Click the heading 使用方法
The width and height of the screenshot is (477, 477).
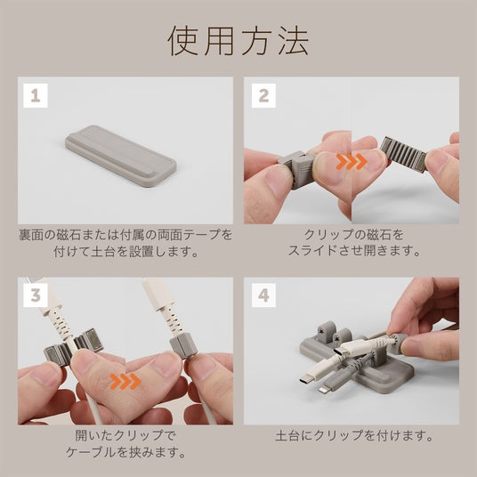point(238,40)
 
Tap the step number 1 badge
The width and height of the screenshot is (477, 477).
point(36,95)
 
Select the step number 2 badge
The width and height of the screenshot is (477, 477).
point(263,95)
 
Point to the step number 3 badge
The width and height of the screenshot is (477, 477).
point(36,295)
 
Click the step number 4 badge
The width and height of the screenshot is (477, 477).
point(263,295)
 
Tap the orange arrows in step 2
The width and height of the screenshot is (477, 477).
point(352,161)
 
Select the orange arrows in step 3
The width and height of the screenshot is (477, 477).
point(125,382)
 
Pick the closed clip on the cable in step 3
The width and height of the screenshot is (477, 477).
point(183,346)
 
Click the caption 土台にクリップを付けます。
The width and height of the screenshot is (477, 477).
point(354,436)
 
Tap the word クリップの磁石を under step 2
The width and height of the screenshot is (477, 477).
point(354,235)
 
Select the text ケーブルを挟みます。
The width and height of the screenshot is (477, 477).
point(126,452)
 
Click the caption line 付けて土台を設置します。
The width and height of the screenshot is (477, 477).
point(125,252)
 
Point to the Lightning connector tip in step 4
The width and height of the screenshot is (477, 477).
point(321,389)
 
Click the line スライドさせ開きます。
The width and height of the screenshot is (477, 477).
point(354,251)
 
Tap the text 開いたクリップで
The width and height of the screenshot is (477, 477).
point(125,436)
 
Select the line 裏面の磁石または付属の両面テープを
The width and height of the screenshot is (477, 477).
point(125,235)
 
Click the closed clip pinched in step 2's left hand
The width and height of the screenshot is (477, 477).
point(295,169)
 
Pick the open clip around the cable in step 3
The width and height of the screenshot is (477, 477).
point(74,345)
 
